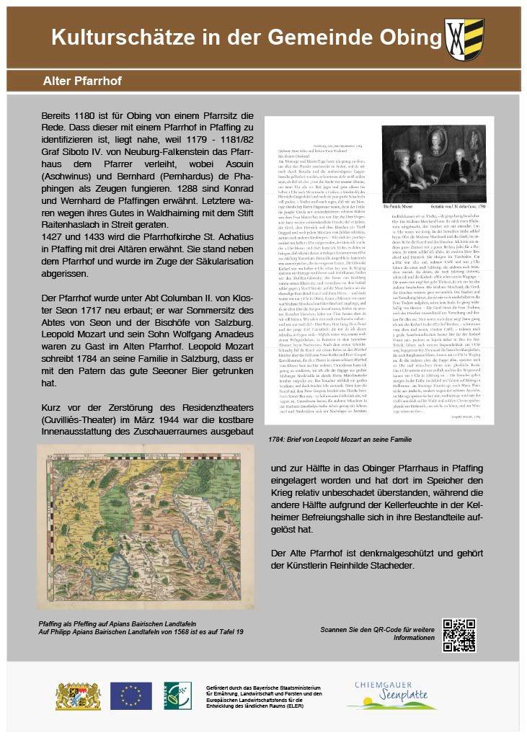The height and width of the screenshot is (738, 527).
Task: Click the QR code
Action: [x=459, y=635]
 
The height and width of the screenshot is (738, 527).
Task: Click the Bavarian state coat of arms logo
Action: [x=79, y=695]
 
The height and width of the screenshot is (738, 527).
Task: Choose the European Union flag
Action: [x=130, y=695]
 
